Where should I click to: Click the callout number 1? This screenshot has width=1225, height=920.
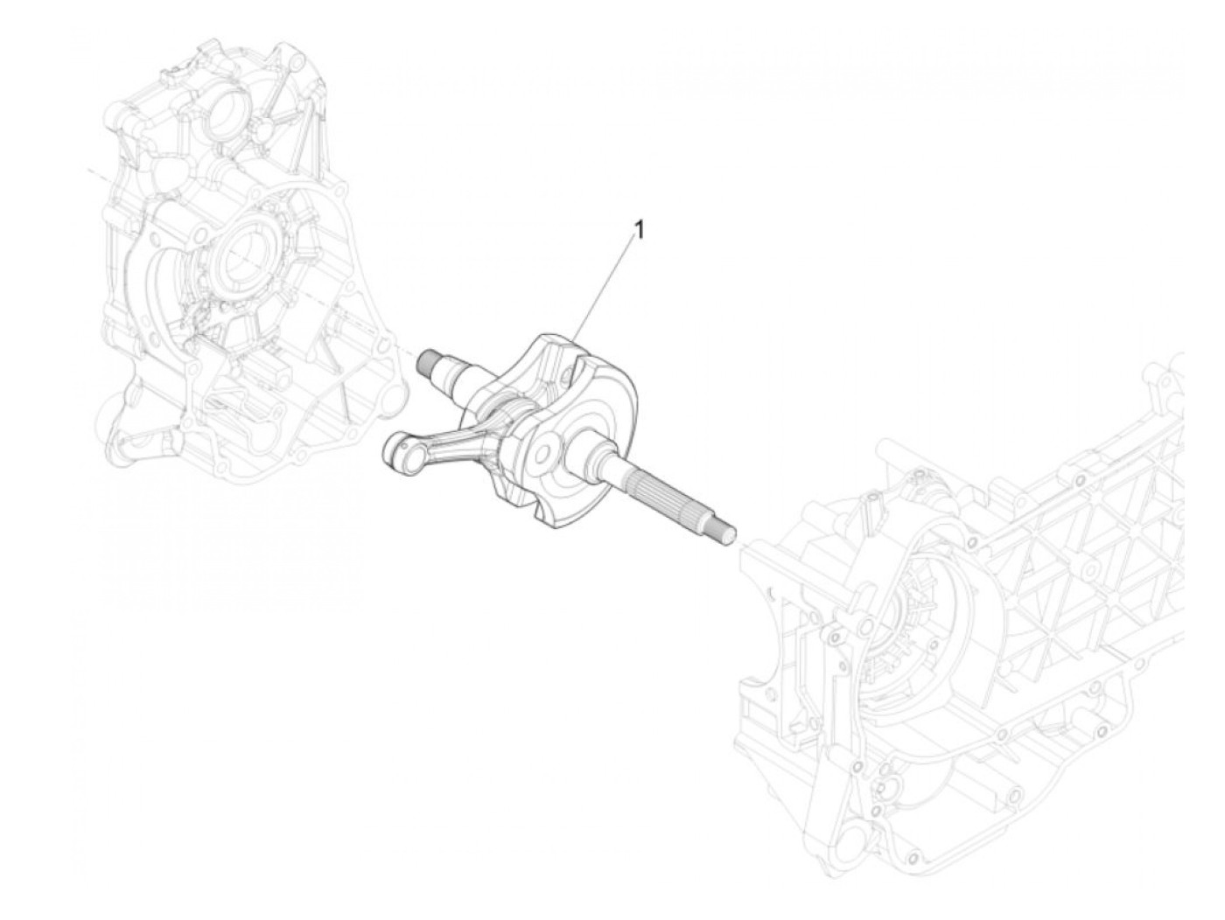click(640, 230)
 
